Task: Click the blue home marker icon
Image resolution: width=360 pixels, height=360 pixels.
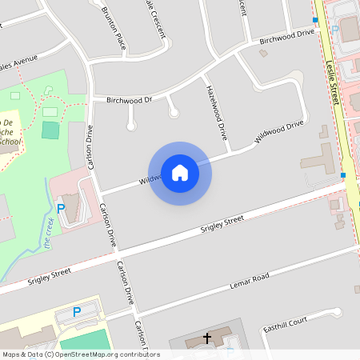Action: point(180,173)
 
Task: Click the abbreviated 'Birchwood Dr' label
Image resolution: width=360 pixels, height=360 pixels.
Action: point(129,100)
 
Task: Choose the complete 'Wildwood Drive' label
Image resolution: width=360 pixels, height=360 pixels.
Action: point(279,132)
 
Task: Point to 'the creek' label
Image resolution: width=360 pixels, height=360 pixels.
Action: point(50,240)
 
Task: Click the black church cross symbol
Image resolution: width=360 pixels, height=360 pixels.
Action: point(207,338)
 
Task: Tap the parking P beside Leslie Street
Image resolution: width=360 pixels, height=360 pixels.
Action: point(335,30)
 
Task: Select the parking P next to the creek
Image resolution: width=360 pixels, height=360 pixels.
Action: point(61,209)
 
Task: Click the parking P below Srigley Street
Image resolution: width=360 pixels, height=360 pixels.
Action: point(77,312)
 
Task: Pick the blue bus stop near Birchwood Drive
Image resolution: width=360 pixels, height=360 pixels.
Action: point(315,19)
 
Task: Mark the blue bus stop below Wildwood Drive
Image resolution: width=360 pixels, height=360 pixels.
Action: point(342,174)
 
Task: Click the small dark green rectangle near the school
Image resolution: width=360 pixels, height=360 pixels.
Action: point(50,130)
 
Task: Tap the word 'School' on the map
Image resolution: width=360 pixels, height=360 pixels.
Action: point(10,142)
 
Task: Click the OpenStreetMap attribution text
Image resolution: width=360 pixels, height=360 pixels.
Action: point(80,354)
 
